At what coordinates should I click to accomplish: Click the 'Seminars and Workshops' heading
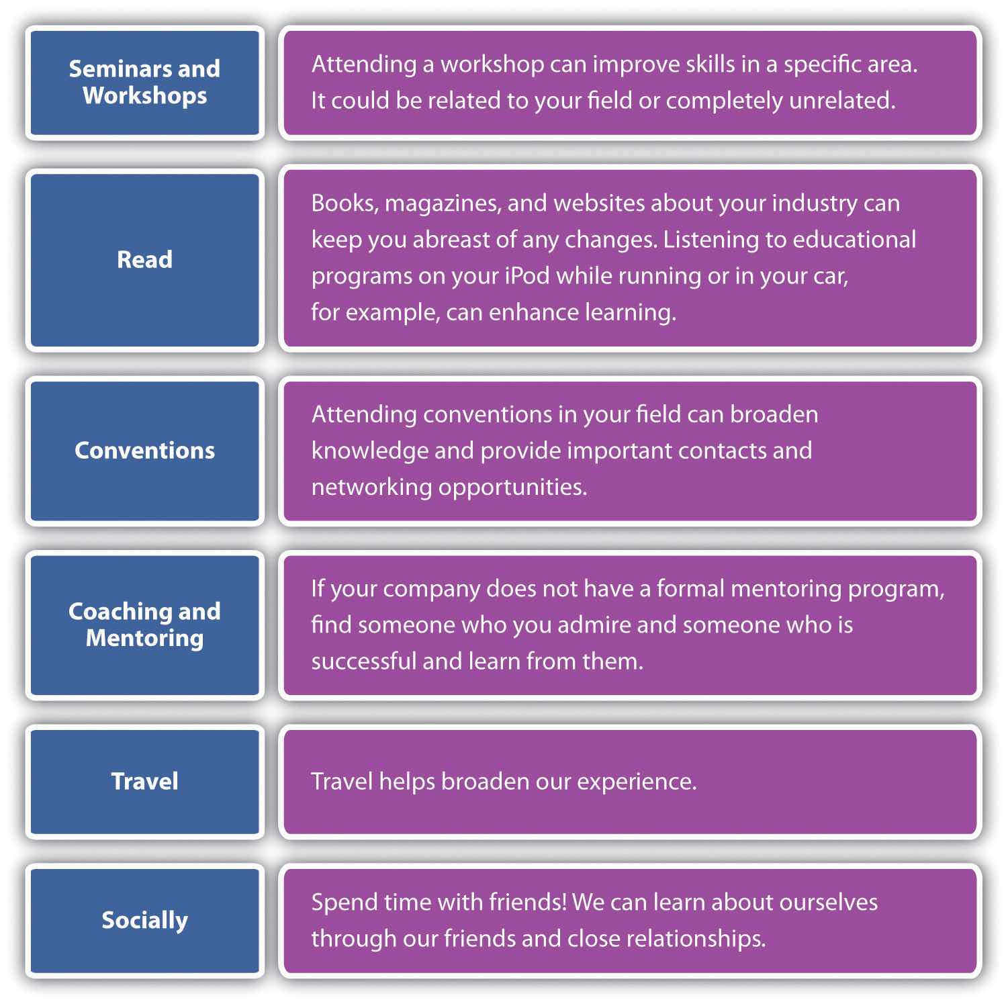pos(144,82)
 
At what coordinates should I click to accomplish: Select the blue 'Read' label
pos(144,259)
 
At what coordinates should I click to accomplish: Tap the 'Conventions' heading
pos(144,450)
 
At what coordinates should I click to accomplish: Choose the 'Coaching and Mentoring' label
pos(144,625)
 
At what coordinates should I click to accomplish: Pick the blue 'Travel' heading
pos(144,781)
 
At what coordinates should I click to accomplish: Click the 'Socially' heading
pos(144,920)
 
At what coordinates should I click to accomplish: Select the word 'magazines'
pos(443,203)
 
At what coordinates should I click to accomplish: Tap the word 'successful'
pos(363,661)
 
